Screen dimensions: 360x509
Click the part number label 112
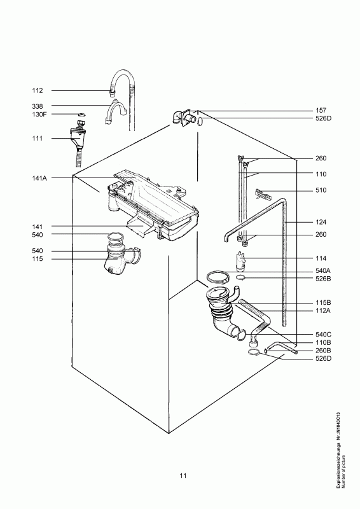tap(38, 90)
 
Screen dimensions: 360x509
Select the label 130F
tap(39, 115)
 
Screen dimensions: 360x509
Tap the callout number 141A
tap(39, 178)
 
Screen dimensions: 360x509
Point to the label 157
tap(321, 111)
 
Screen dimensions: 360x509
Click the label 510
tap(321, 190)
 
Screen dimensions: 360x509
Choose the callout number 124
tap(321, 222)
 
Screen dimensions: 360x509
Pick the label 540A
tap(323, 271)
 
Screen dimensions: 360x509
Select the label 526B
tap(323, 279)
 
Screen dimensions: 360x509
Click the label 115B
tap(323, 303)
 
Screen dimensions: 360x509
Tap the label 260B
tap(323, 351)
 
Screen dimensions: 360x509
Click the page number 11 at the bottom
tap(183, 475)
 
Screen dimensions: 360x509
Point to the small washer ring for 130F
tap(81, 115)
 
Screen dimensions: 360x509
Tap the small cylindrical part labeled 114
tap(240, 261)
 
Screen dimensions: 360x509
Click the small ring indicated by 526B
tap(240, 277)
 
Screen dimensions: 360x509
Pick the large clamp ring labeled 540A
tap(218, 278)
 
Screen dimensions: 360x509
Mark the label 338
tap(38, 106)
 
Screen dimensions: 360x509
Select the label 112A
tap(323, 310)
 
